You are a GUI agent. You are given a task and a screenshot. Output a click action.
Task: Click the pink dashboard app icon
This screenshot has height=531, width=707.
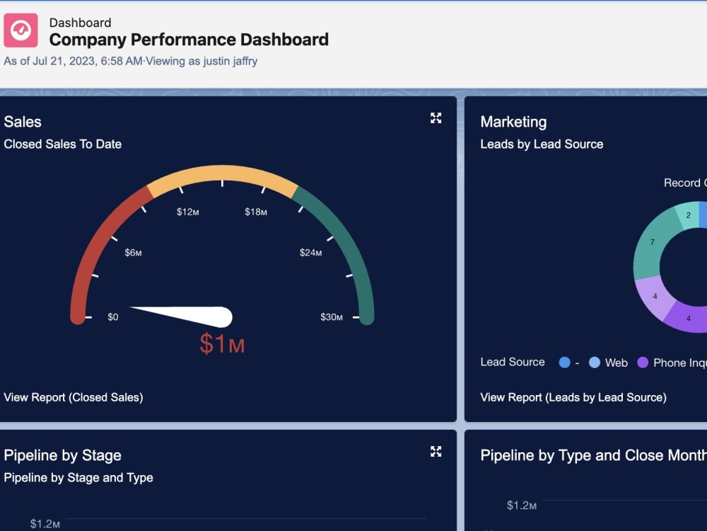[21, 30]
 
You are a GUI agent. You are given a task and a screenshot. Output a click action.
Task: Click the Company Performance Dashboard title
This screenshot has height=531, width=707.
[189, 40]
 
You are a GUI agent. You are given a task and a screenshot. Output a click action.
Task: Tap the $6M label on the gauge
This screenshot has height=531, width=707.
[134, 253]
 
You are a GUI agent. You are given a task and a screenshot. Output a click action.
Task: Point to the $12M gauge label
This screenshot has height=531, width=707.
[188, 212]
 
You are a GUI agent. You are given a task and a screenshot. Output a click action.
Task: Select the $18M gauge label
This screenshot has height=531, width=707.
[256, 212]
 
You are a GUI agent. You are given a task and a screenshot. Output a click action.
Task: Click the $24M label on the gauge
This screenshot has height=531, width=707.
[311, 252]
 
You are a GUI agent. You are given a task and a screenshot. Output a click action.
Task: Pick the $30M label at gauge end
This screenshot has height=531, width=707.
[332, 316]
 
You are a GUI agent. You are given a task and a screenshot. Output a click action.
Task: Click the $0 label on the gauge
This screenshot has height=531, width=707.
[113, 316]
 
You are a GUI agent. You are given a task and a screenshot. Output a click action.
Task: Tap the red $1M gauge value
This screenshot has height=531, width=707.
[222, 343]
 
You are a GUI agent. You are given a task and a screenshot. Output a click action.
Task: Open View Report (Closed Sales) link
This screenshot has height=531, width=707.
[74, 397]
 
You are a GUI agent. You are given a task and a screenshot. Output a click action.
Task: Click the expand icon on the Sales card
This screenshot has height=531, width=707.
[436, 118]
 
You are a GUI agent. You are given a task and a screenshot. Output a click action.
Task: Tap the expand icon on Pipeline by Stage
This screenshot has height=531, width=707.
[436, 451]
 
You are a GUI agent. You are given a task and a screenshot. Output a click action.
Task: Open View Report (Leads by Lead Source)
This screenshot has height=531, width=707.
[573, 397]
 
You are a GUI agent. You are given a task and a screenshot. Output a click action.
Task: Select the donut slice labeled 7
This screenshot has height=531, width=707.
[650, 244]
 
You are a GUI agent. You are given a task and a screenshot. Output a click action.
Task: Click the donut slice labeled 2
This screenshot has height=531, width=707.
[688, 215]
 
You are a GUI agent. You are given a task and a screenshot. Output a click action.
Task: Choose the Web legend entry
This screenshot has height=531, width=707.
[609, 362]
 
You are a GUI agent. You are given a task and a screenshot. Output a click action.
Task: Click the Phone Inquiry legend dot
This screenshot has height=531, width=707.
[643, 362]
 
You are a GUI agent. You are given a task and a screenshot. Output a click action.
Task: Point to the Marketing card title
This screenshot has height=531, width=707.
[513, 122]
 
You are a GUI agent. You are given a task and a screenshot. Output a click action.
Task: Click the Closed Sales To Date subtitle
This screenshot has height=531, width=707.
[63, 144]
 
